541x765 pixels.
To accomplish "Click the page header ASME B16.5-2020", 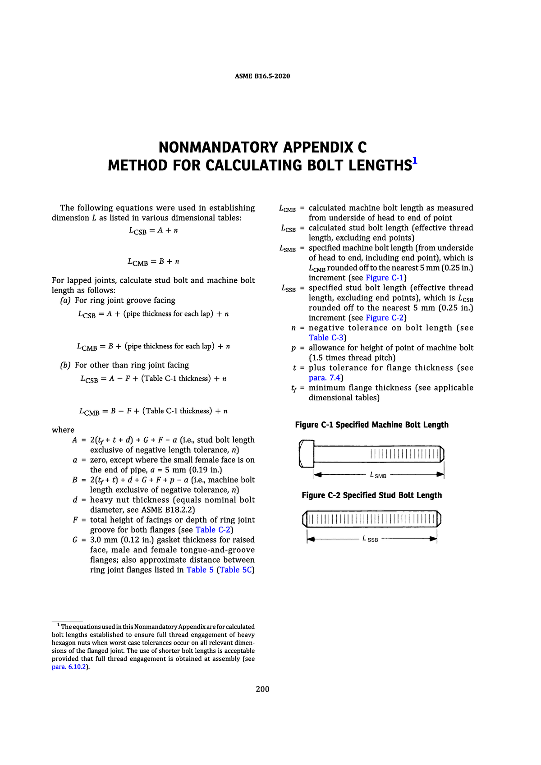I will point(262,76).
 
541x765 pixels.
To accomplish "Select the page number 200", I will point(262,689).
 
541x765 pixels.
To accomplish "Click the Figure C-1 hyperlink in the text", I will point(386,278).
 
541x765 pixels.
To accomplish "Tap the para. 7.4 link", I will point(325,378).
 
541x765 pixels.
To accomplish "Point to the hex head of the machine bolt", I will point(306,454).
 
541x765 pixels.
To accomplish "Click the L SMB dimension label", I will point(378,475).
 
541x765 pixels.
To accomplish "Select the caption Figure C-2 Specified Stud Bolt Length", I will point(371,495).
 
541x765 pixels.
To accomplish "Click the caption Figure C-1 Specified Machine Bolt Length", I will point(371,425).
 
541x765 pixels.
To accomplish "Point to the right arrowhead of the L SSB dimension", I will point(434,539).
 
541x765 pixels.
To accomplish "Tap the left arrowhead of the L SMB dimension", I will point(317,475).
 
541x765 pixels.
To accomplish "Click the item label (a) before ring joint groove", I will point(65,300).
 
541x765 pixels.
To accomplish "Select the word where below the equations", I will point(63,430).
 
